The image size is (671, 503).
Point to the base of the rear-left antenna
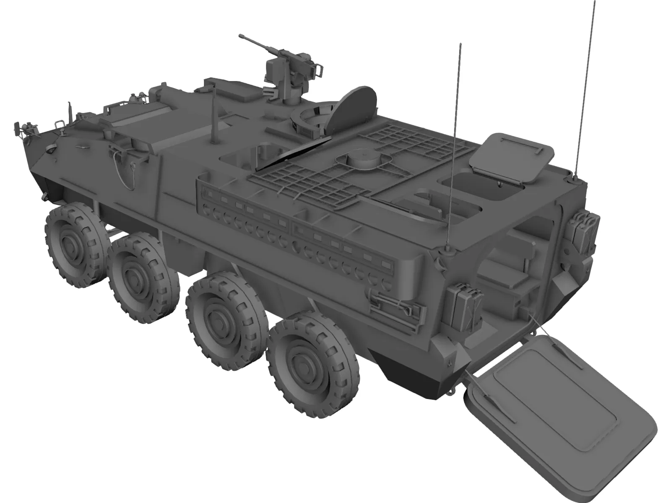pyautogui.click(x=447, y=251)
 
